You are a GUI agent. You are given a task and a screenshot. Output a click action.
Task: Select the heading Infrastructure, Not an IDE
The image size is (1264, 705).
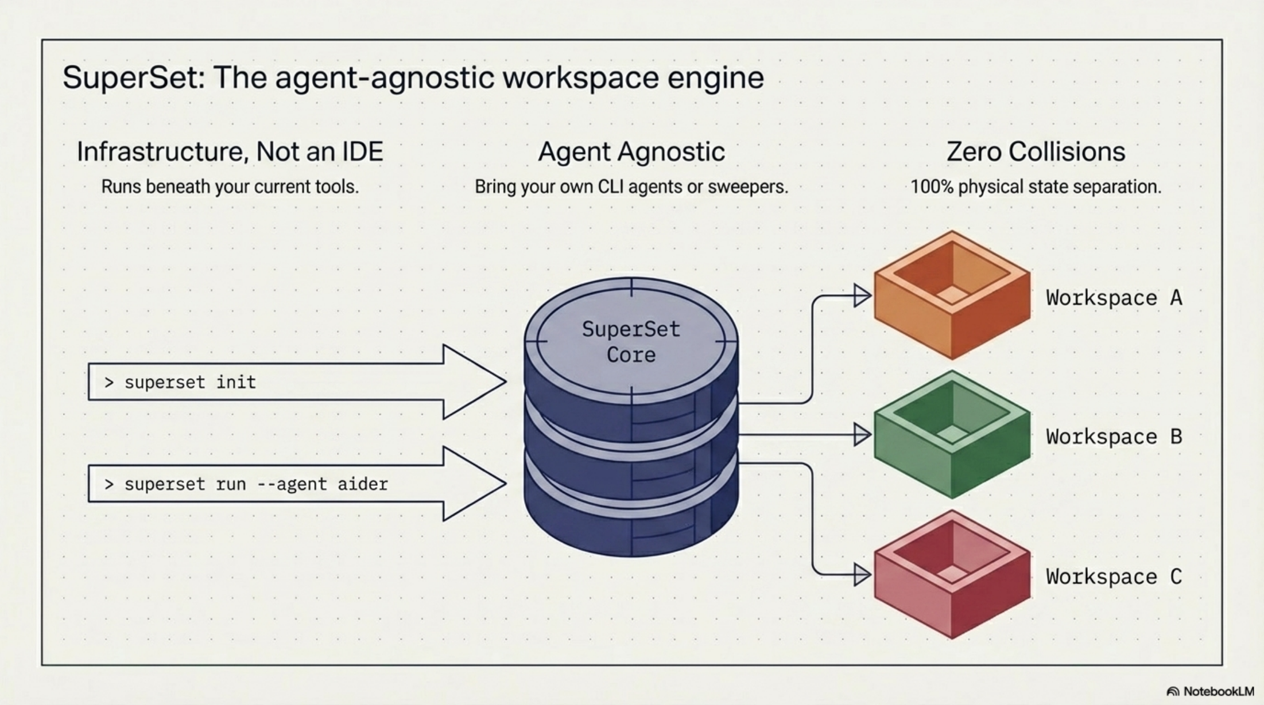click(x=230, y=152)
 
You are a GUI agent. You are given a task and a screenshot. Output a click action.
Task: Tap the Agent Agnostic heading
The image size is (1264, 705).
click(x=631, y=152)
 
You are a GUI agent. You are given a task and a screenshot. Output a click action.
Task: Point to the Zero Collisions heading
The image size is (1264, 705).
click(x=1036, y=152)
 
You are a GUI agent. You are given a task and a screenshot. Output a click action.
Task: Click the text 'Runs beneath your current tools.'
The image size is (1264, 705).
click(x=230, y=187)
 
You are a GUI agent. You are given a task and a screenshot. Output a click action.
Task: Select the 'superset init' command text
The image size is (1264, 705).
click(x=189, y=382)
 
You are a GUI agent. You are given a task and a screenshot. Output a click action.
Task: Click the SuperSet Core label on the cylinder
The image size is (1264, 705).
click(x=631, y=342)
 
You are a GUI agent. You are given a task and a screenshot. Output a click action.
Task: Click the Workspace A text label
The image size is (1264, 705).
click(x=1114, y=298)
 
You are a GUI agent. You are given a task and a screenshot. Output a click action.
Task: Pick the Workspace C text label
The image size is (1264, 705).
click(x=1114, y=577)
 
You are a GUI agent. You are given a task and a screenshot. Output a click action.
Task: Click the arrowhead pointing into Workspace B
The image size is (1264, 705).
click(x=862, y=435)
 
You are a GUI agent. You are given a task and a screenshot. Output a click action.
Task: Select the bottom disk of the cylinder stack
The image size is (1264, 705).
click(x=631, y=528)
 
